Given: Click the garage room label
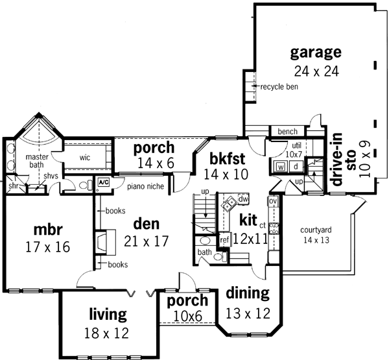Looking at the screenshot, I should click(316, 52).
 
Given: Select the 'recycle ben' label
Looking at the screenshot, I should click(279, 87).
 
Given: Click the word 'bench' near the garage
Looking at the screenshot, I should click(287, 132).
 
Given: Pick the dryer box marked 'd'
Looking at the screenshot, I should click(296, 167).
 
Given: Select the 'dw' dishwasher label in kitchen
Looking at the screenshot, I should click(243, 198).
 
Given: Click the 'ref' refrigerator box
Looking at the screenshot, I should click(225, 239).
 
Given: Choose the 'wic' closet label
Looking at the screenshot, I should click(85, 157).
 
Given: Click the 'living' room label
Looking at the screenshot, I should click(108, 316).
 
